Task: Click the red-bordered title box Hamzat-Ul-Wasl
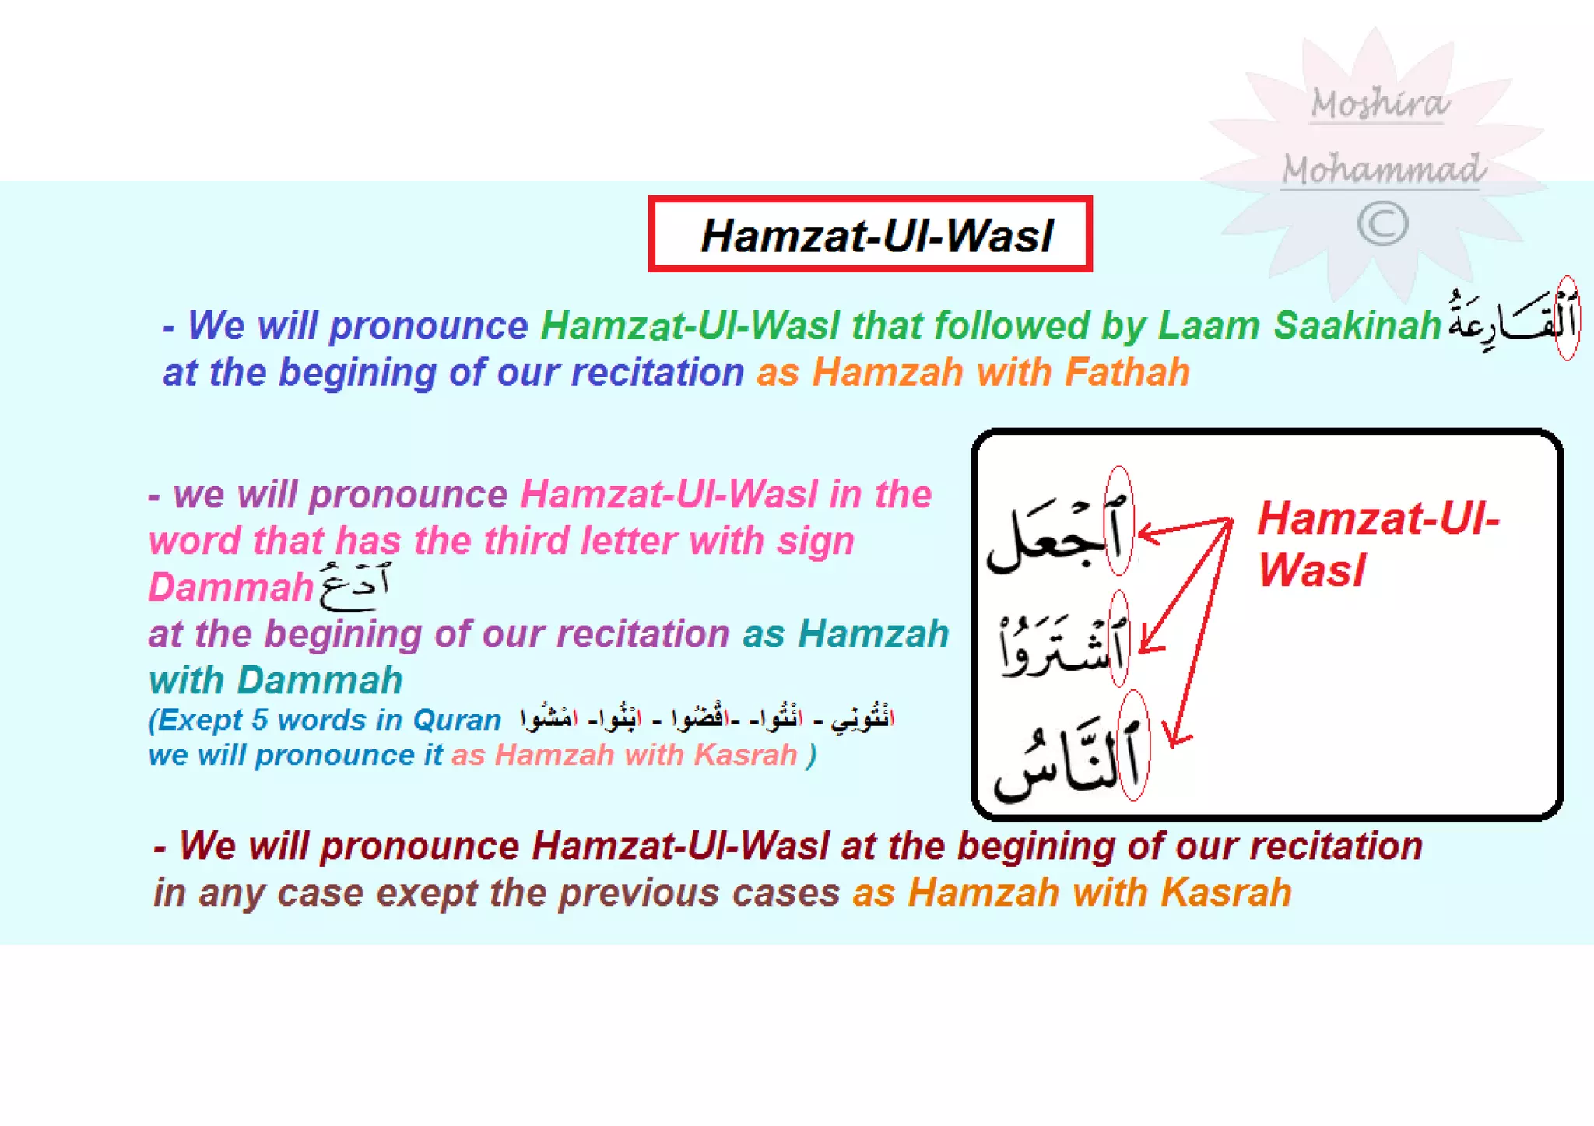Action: tap(870, 234)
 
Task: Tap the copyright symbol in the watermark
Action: tap(1382, 224)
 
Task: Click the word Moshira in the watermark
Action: tap(1380, 103)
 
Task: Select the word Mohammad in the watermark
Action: tap(1383, 169)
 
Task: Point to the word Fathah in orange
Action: tap(1127, 372)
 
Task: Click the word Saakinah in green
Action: tap(1357, 325)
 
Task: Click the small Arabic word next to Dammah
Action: tap(354, 587)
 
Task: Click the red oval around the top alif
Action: tap(1119, 521)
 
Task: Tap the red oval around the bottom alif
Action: tap(1133, 745)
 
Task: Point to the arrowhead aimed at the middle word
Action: tap(1150, 645)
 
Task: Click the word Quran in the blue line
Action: tap(457, 720)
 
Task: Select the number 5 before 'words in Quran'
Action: tap(259, 720)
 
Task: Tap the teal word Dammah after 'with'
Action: tap(320, 680)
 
